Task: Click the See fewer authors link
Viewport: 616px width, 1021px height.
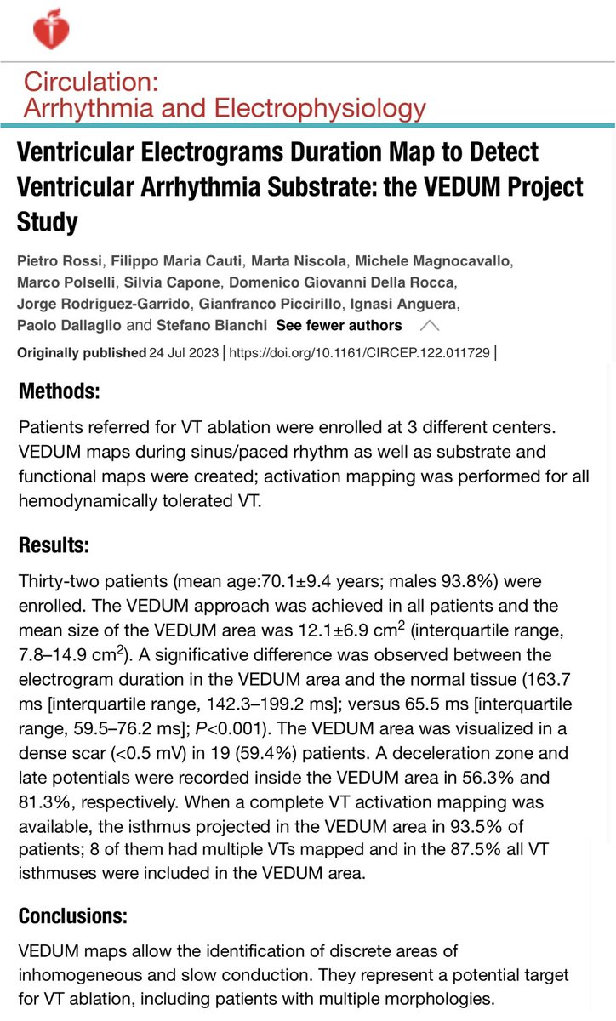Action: pos(339,325)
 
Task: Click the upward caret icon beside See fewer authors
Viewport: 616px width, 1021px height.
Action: pos(431,325)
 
